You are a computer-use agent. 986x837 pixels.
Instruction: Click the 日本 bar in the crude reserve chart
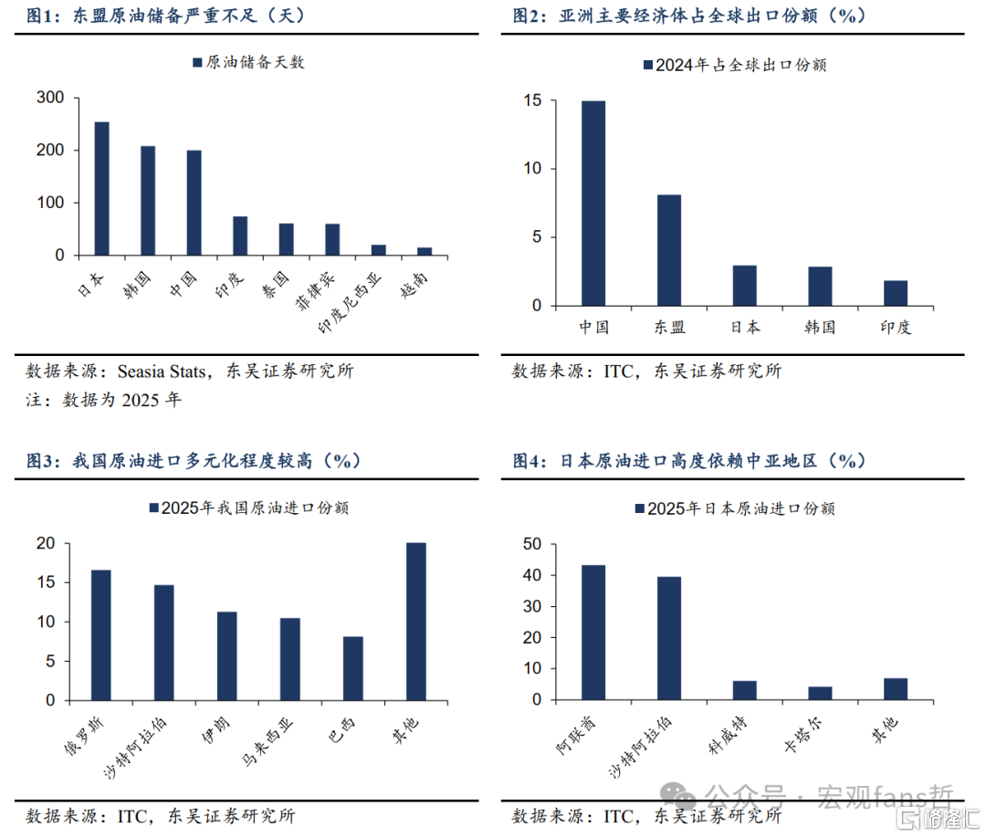click(x=101, y=188)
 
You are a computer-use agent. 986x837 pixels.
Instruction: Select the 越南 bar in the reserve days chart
click(x=425, y=251)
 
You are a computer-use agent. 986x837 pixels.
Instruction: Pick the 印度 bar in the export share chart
click(x=896, y=292)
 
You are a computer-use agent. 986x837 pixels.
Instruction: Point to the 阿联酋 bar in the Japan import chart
click(x=593, y=632)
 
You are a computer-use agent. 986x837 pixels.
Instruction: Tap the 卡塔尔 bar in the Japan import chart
click(x=820, y=693)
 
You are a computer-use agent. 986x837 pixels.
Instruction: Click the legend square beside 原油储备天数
click(x=196, y=63)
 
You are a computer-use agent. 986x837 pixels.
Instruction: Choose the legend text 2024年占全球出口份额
click(x=740, y=65)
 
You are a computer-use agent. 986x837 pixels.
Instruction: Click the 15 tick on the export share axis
click(x=532, y=100)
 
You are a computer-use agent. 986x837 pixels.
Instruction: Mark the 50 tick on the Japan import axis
click(x=533, y=544)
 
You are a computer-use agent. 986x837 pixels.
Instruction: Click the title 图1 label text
click(x=44, y=16)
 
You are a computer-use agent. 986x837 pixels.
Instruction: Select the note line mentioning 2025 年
click(x=103, y=400)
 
